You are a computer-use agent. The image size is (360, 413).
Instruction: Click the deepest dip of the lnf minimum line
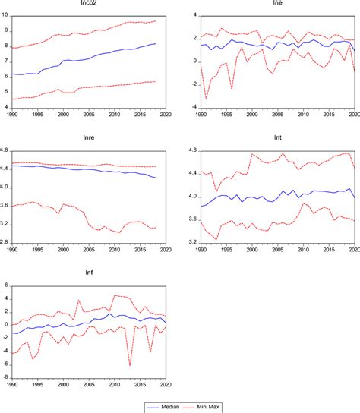(130, 365)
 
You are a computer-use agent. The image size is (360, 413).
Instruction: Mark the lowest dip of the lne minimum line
(206, 99)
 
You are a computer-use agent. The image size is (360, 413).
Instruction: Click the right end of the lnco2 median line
(156, 44)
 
